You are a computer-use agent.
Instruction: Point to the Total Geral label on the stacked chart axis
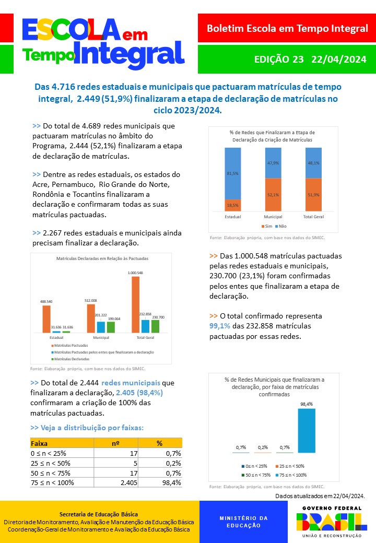[314, 217]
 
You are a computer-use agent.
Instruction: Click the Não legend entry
[281, 226]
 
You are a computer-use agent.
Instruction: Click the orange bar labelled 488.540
[46, 318]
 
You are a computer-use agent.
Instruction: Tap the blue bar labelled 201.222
[101, 327]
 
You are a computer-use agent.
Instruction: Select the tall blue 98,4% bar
[307, 430]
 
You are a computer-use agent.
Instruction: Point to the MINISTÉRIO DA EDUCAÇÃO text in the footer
[243, 522]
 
